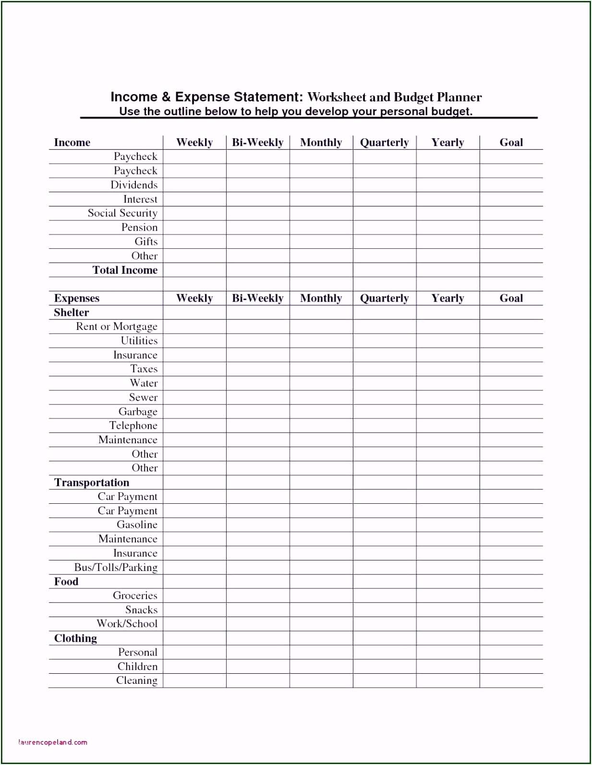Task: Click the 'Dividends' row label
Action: pyautogui.click(x=134, y=185)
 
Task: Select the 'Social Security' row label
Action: pyautogui.click(x=122, y=213)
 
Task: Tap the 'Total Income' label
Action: pyautogui.click(x=125, y=270)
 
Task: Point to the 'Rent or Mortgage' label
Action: pyautogui.click(x=117, y=327)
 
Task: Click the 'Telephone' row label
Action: pyautogui.click(x=133, y=425)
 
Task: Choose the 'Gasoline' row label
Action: pyautogui.click(x=137, y=524)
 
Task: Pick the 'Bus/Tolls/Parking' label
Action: pyautogui.click(x=116, y=567)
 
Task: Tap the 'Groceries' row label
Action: pyautogui.click(x=135, y=595)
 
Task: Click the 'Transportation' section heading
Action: pyautogui.click(x=92, y=482)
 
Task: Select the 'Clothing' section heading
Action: pyautogui.click(x=75, y=638)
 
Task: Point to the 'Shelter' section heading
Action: pyautogui.click(x=72, y=313)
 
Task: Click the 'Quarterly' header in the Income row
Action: pyautogui.click(x=384, y=143)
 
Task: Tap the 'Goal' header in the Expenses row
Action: pyautogui.click(x=511, y=298)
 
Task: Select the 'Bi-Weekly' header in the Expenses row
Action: pyautogui.click(x=258, y=298)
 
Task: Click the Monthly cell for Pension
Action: pyautogui.click(x=321, y=227)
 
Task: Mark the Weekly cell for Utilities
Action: pyautogui.click(x=194, y=340)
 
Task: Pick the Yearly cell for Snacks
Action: pyautogui.click(x=447, y=609)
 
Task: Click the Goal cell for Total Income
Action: pyautogui.click(x=511, y=270)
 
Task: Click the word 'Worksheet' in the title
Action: pyautogui.click(x=337, y=97)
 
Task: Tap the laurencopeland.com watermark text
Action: pyautogui.click(x=53, y=742)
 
